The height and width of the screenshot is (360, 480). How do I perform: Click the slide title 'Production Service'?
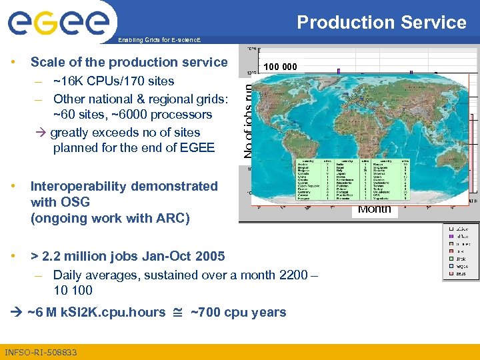[x=381, y=23]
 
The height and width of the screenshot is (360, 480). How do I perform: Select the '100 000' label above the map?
[x=285, y=67]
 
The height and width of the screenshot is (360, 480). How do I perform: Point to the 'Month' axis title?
[x=375, y=209]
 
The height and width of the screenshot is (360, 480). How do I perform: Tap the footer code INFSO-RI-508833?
[x=41, y=352]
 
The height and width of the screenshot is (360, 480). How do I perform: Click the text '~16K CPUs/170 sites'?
[x=113, y=81]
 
